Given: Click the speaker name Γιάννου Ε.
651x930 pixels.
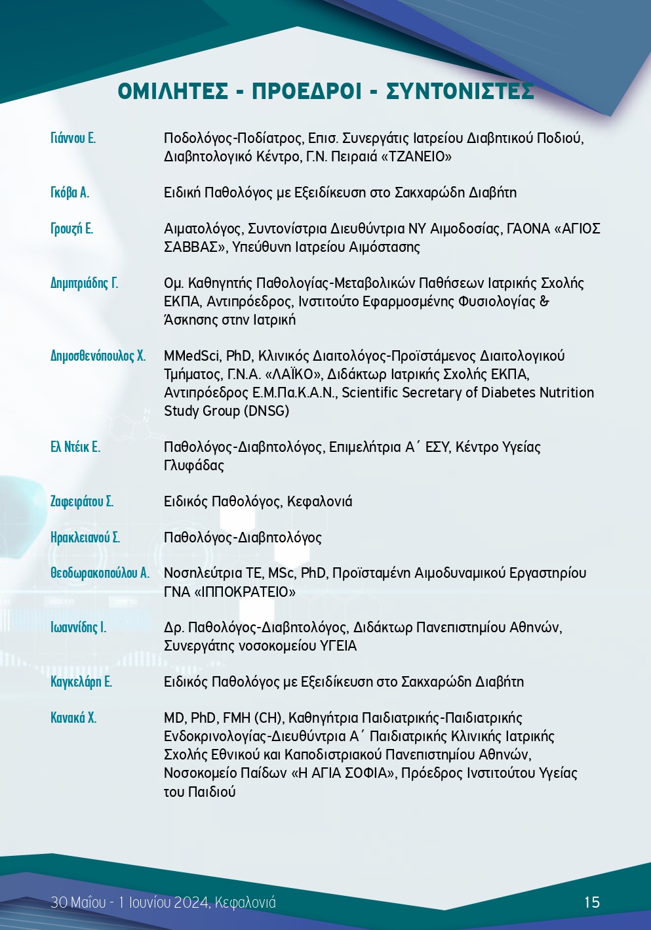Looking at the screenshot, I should tap(73, 138).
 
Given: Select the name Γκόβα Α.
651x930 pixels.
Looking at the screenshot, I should tap(69, 192).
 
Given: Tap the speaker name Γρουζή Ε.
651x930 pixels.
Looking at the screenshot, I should tap(71, 228).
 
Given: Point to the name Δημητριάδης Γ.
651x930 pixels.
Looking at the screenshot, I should tap(84, 283).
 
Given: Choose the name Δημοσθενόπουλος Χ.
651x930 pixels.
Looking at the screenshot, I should tap(98, 356).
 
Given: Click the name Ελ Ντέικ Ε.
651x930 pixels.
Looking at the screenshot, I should tap(75, 447).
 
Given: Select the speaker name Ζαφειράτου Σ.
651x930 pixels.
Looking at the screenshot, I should tap(82, 502).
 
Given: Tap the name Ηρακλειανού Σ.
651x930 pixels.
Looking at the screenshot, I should tap(85, 538).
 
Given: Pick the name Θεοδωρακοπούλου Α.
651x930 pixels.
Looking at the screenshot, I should tap(100, 573).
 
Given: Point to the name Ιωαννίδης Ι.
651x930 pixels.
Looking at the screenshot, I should tap(78, 628).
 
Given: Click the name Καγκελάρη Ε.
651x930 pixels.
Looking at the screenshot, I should tap(81, 682).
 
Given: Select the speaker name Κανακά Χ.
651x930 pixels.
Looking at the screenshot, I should tap(73, 718).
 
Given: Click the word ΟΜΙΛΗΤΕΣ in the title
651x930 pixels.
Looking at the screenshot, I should tap(173, 91).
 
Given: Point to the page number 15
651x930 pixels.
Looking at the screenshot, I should tap(592, 902).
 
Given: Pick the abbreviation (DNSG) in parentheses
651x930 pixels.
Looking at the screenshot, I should tap(267, 411).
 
